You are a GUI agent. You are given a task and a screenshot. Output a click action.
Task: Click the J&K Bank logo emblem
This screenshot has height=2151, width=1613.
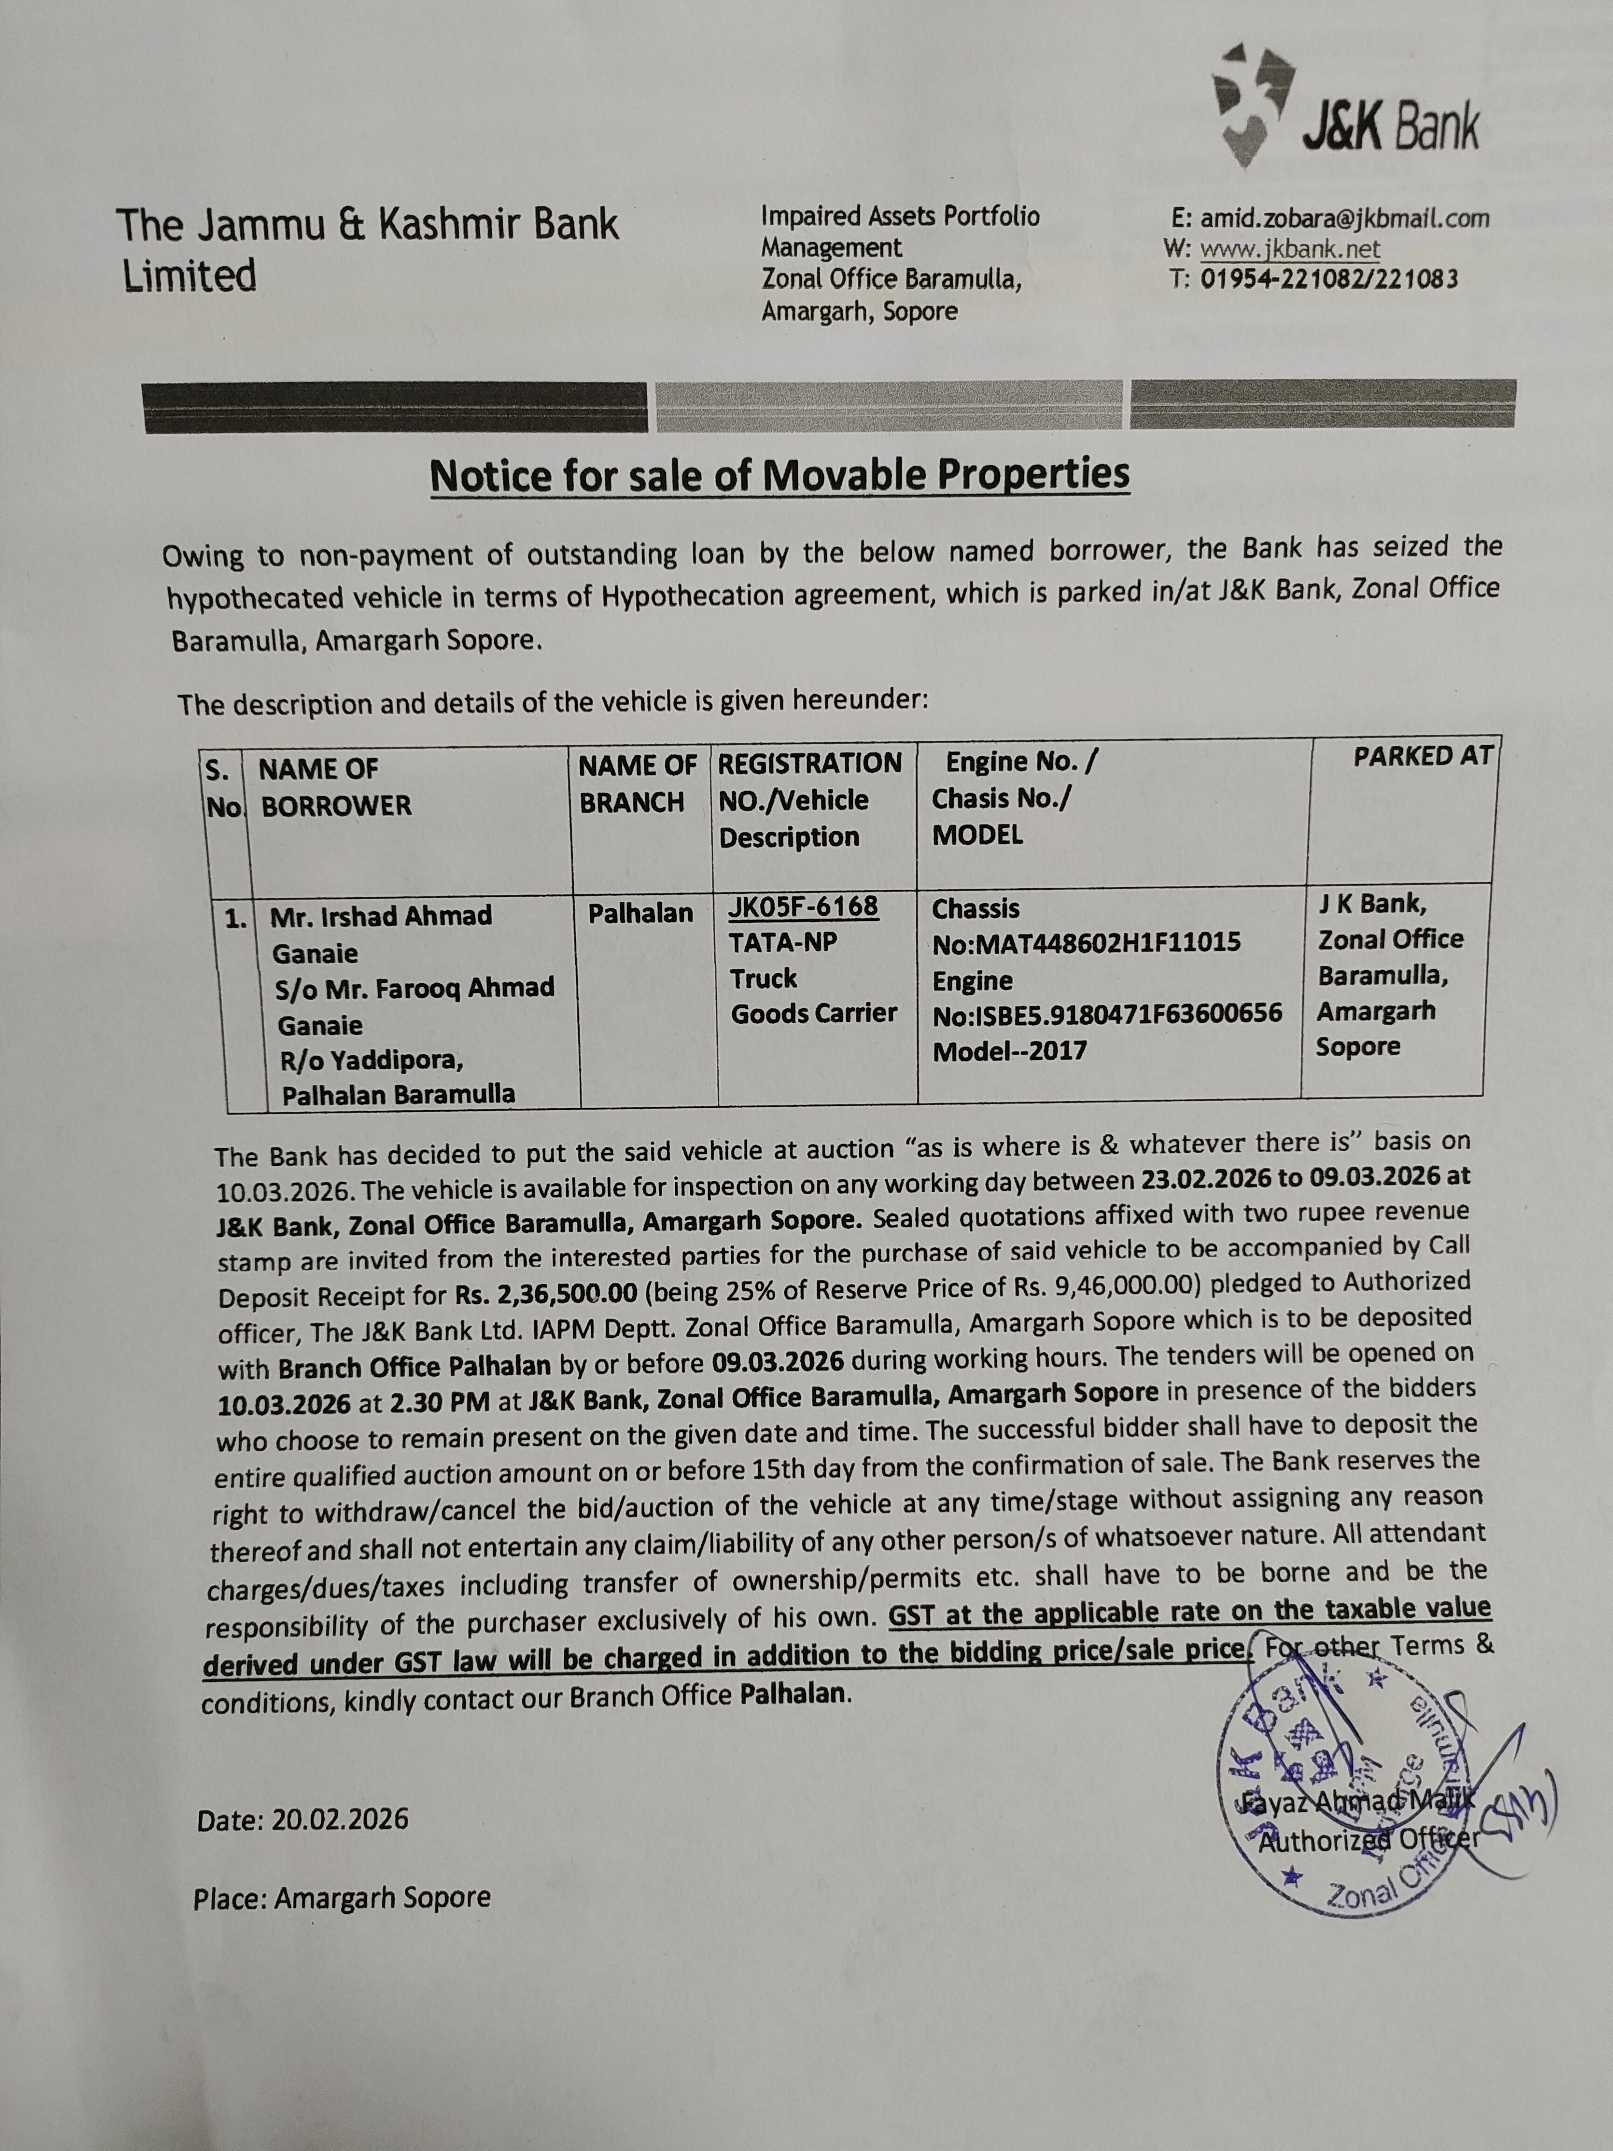1254,102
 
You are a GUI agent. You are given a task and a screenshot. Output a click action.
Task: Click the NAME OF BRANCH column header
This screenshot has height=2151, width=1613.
638,784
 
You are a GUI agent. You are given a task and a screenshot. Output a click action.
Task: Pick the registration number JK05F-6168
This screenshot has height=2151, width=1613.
803,907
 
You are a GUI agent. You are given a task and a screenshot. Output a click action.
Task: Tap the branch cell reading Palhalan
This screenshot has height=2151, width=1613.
641,913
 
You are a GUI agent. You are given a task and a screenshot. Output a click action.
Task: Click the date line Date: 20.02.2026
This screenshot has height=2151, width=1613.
302,1820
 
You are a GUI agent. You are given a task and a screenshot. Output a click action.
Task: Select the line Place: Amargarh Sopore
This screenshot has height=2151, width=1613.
341,1897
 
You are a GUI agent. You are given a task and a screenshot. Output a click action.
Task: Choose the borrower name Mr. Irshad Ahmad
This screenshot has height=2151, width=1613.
381,916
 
